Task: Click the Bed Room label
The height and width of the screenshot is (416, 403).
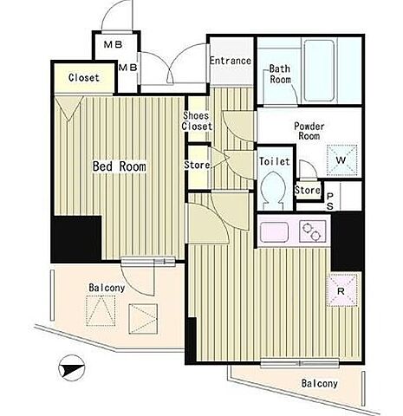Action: click(x=120, y=166)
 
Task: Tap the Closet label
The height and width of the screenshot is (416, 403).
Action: click(x=84, y=77)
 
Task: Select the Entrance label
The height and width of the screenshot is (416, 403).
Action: click(x=231, y=61)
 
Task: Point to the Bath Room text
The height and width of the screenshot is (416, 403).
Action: click(x=280, y=75)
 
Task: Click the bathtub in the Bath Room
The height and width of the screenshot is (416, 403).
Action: click(x=319, y=70)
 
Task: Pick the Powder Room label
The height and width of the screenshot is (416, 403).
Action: click(x=309, y=131)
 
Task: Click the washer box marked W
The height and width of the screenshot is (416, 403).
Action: click(x=342, y=159)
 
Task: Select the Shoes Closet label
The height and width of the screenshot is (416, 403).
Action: click(x=197, y=120)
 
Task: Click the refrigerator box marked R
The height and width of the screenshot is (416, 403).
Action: click(x=341, y=290)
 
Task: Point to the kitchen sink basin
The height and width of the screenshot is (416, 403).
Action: click(x=274, y=232)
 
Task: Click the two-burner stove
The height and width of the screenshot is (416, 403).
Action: click(x=313, y=231)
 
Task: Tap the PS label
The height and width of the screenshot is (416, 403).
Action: click(x=330, y=201)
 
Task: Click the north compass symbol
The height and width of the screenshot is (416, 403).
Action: click(x=72, y=367)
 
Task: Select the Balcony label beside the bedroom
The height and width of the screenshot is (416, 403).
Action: click(x=107, y=288)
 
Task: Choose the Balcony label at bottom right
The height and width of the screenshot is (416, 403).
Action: click(x=320, y=383)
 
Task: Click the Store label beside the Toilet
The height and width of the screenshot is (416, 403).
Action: click(x=308, y=190)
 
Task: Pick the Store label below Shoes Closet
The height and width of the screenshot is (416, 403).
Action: click(x=197, y=165)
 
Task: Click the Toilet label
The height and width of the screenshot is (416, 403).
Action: click(x=274, y=161)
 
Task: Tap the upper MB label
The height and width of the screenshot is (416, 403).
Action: click(x=114, y=44)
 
